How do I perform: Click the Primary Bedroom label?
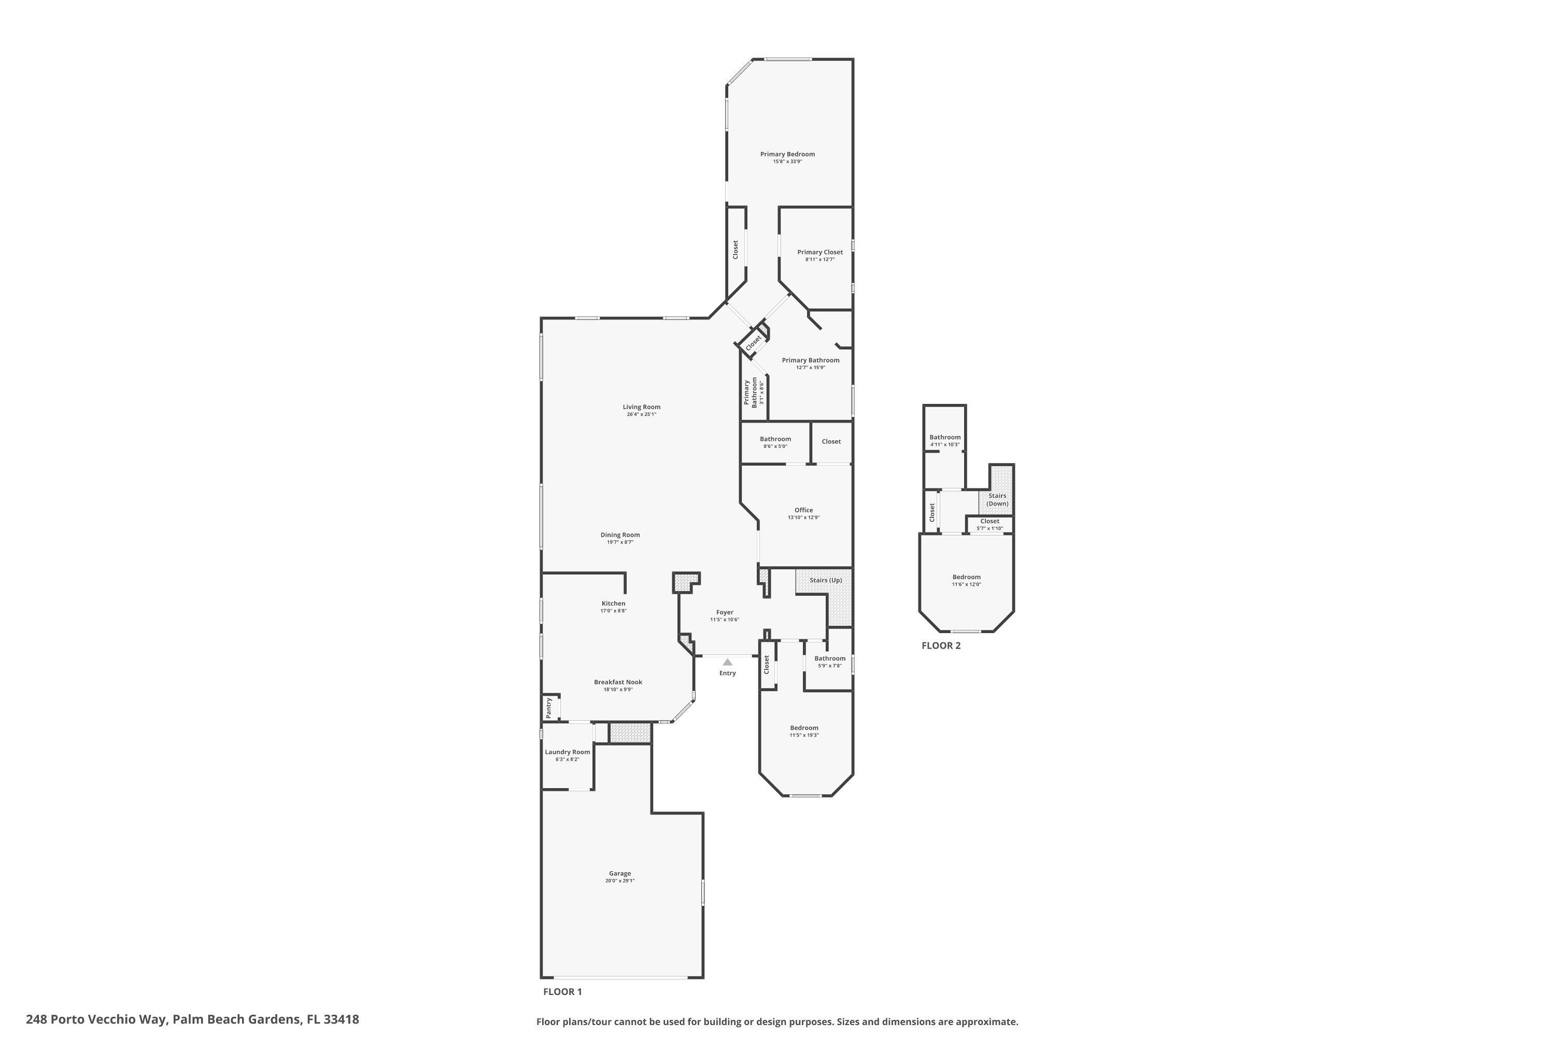(x=787, y=154)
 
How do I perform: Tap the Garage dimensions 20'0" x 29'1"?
(x=619, y=881)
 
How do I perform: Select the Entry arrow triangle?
(x=727, y=662)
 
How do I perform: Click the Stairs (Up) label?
(x=826, y=580)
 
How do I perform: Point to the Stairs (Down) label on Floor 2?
(x=997, y=499)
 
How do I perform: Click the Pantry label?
(x=549, y=708)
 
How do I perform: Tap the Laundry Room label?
(x=567, y=752)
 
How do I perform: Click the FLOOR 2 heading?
(x=941, y=646)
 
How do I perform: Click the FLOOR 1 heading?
(x=562, y=991)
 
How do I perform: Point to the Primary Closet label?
(x=820, y=252)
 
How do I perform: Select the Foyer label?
(x=725, y=612)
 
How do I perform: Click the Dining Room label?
(x=619, y=535)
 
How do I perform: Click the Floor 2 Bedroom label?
(x=966, y=577)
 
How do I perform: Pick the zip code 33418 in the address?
(x=341, y=1019)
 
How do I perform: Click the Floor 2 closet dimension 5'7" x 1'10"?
(x=989, y=528)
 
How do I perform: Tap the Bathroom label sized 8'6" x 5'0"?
(x=775, y=439)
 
